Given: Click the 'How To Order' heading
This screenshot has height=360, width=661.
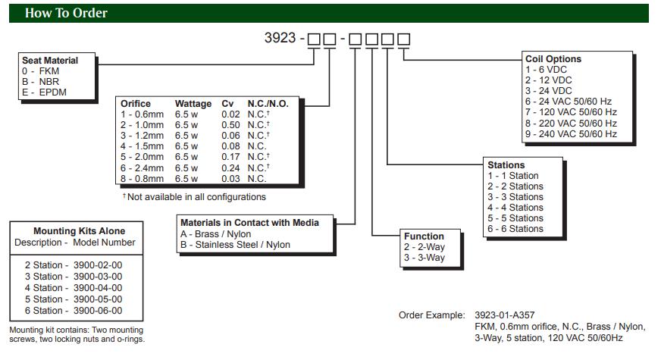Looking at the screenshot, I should point(66,13).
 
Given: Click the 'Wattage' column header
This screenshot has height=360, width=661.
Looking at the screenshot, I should point(193,104).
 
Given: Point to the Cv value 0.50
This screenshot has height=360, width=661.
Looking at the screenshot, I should point(230,125).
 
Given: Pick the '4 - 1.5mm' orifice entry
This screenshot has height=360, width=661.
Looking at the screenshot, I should point(142,146).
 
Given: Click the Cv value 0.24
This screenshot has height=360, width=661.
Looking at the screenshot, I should point(230,167).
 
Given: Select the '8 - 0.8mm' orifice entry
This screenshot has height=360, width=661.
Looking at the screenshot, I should point(142,178).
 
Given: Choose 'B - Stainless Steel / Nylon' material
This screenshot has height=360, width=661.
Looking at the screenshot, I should point(235,245).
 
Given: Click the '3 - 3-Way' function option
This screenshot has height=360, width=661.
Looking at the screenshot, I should point(424,258).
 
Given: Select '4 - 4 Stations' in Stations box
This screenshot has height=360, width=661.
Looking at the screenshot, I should point(515,208).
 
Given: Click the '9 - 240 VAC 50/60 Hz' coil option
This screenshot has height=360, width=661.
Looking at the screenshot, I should point(571,134).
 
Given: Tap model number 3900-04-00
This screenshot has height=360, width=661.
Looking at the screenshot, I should point(96,288).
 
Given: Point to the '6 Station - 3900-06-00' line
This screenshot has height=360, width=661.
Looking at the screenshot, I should point(73,311).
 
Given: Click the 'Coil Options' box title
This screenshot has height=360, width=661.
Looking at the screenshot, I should point(553,59).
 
